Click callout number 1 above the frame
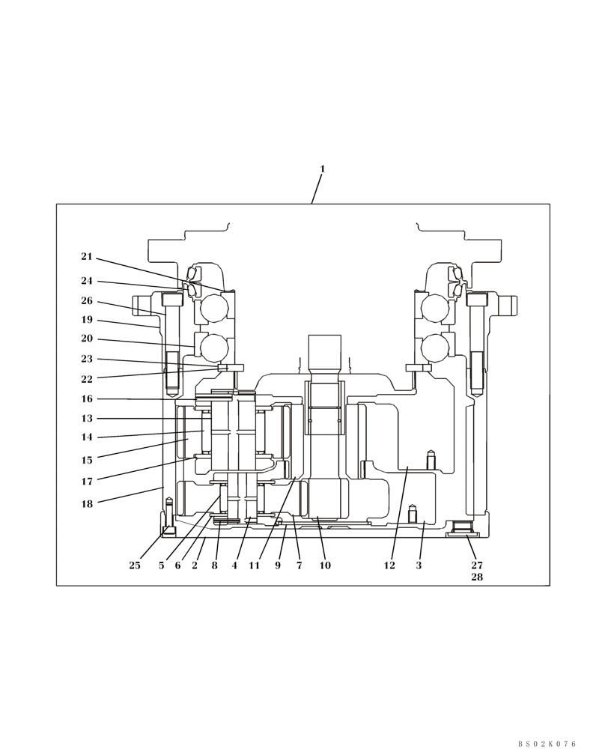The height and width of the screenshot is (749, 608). [x=323, y=169]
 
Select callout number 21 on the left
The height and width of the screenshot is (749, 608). [x=87, y=257]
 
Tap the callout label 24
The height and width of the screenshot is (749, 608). [x=87, y=281]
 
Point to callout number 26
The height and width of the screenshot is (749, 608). [x=87, y=301]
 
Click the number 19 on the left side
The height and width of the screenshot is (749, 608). [x=87, y=320]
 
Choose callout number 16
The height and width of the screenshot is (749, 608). [x=87, y=399]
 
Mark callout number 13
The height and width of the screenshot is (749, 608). [x=87, y=419]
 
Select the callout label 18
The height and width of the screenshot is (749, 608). [x=87, y=504]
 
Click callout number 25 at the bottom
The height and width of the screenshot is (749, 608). [x=135, y=565]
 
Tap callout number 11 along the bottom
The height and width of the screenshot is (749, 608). [x=255, y=565]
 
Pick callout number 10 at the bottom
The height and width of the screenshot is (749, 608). [x=325, y=565]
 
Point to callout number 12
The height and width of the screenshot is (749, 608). [x=389, y=565]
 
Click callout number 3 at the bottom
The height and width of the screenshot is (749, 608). [x=419, y=565]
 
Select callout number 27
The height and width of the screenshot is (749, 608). [x=477, y=565]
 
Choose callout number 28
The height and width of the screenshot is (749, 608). [x=477, y=577]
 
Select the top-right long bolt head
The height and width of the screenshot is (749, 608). [x=477, y=299]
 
